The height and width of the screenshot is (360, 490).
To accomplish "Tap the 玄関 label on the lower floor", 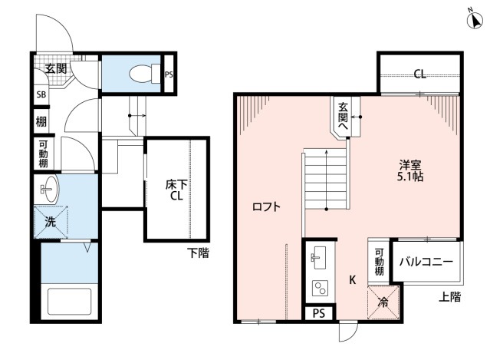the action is point(56,68).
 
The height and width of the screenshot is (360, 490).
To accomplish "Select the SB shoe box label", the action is point(41,94).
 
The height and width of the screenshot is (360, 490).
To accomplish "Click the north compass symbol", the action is point(475,21).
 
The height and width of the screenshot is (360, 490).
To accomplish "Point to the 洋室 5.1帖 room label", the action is point(409,170).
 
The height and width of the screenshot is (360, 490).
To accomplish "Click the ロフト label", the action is point(267,206).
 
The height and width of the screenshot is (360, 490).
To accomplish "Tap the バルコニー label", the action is point(426,262).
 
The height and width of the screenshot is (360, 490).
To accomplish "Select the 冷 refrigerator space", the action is point(383,302).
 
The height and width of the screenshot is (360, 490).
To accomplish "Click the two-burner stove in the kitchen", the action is point(320,289).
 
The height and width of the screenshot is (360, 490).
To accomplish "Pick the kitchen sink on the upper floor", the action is point(318,257).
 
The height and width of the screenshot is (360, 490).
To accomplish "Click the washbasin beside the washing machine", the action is point(49,189).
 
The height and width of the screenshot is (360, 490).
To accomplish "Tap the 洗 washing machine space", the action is point(51,222).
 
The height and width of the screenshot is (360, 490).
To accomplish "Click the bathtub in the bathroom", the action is point(69,302).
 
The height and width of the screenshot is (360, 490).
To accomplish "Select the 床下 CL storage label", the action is point(176,190).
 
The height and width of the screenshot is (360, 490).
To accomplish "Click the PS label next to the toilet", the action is point(169,74).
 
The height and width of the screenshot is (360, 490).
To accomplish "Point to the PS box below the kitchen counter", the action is point(319,313).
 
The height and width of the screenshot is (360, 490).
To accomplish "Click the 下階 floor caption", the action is point(198,253).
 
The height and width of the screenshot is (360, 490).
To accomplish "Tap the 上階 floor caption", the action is point(449,297).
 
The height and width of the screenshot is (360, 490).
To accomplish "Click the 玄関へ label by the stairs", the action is point(343,117).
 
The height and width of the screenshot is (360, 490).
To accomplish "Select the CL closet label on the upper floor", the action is point(419,74).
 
